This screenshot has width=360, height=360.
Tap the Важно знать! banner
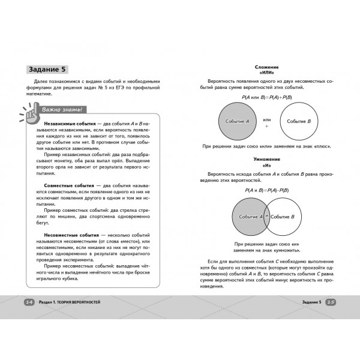63,110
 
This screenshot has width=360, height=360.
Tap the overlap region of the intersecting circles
268,216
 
